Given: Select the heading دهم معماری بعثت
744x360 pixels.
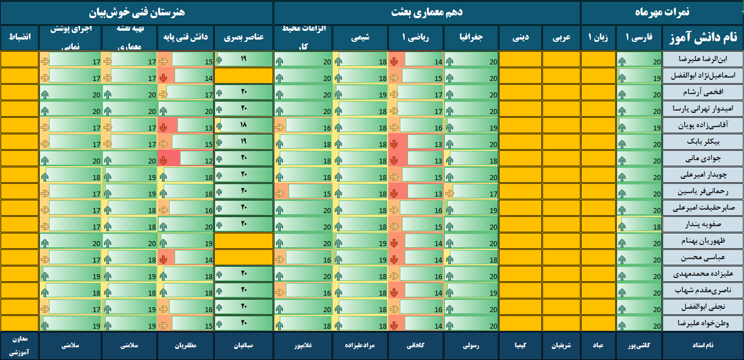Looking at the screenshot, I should tap(427, 12).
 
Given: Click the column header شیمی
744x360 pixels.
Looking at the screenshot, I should tap(360, 38).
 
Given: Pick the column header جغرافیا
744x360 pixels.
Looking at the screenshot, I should tap(471, 38).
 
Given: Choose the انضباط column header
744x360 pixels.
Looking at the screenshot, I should tap(19, 38).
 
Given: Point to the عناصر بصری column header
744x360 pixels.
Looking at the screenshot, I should tap(243, 38).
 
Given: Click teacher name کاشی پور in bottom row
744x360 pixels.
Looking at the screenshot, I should tap(639, 346).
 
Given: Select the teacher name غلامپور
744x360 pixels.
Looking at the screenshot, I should tap(302, 346).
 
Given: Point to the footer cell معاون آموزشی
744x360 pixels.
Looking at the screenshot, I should tap(19, 346).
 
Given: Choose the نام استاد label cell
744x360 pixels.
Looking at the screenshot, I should tap(702, 346).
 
